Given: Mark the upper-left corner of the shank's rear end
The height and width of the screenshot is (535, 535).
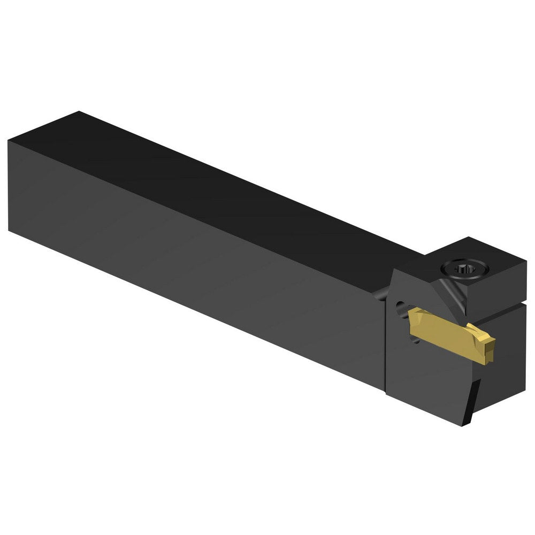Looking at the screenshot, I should (x=9, y=141).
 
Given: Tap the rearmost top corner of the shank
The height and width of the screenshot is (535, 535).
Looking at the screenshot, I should (x=79, y=112).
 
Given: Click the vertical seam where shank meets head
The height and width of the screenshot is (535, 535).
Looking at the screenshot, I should (x=385, y=342).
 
